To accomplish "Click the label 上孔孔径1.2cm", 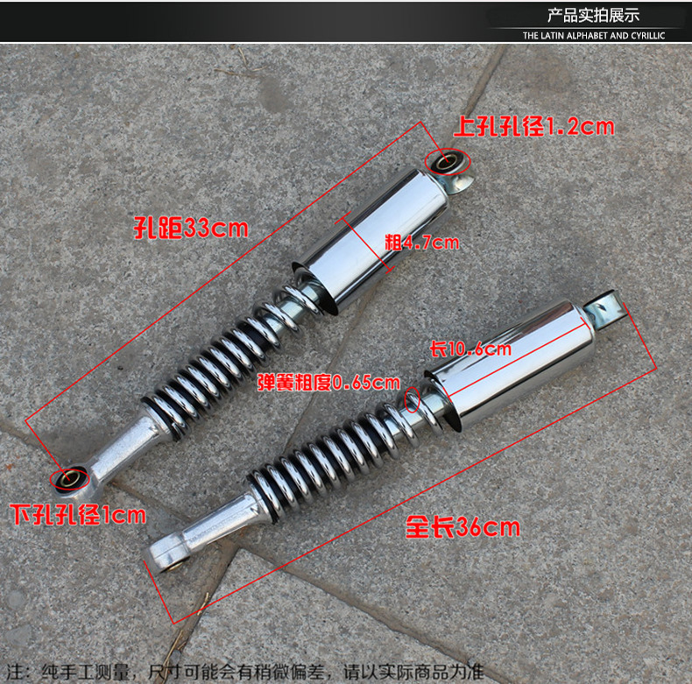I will [533, 126].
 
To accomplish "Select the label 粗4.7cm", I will [421, 242].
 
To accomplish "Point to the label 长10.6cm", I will [470, 349].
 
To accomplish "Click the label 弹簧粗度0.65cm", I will [328, 383].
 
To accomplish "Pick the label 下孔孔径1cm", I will [78, 514].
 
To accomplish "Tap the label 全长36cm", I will [463, 527].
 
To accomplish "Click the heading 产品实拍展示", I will [593, 15].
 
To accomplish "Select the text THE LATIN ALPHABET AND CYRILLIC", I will [594, 36].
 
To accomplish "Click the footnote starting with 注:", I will [245, 672].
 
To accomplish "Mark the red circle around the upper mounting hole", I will [448, 161].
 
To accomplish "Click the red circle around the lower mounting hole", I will [69, 479].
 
